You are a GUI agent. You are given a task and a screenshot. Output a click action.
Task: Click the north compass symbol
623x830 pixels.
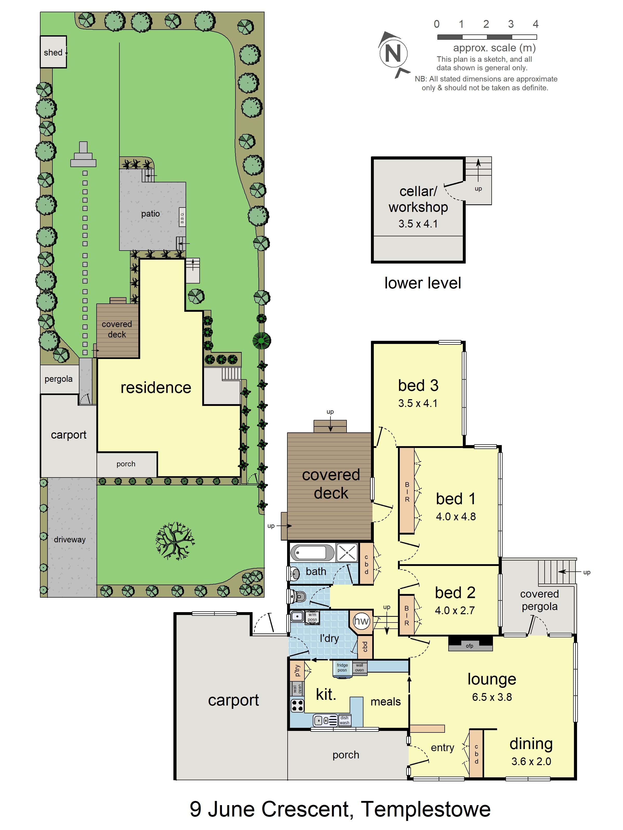(394, 54)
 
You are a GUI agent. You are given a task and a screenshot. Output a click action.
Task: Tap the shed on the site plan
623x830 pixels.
(53, 52)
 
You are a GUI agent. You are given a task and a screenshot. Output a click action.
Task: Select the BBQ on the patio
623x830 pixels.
(182, 217)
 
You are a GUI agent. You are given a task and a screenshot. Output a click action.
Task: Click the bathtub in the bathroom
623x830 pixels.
(312, 553)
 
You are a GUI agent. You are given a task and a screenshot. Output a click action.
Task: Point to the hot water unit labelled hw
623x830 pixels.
(361, 621)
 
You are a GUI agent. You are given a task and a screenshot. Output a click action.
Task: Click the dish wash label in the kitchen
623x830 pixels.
(344, 720)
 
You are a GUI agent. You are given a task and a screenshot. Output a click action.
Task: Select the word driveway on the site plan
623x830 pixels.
(70, 539)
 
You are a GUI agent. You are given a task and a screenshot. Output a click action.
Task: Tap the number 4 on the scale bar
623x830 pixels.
(536, 24)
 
